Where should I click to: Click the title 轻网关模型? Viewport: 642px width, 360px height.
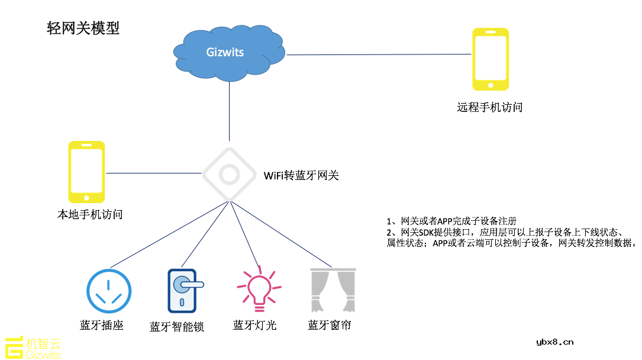tap(83, 28)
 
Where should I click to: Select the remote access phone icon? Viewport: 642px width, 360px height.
tap(490, 59)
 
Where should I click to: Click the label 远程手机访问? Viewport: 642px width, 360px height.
tap(489, 107)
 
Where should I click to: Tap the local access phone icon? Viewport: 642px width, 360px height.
tap(86, 172)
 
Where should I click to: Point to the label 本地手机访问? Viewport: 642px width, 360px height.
tap(89, 214)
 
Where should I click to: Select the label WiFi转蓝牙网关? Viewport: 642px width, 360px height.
tap(301, 175)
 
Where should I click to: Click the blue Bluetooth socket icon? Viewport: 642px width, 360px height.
tap(109, 291)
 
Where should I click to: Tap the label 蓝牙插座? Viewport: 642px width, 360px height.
tap(101, 325)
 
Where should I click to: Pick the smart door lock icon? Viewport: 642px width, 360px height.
tap(183, 291)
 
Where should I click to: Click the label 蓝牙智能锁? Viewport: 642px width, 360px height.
tap(176, 327)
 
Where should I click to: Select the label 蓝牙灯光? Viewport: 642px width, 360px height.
tap(254, 325)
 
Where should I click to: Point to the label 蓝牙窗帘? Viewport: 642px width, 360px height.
tap(329, 325)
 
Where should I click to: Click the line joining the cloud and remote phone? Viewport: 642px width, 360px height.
tap(379, 54)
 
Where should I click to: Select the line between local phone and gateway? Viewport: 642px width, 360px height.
tap(154, 173)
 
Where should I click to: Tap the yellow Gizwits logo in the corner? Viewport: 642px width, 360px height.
tap(33, 348)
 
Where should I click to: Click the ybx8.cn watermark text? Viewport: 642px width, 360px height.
tap(554, 342)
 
